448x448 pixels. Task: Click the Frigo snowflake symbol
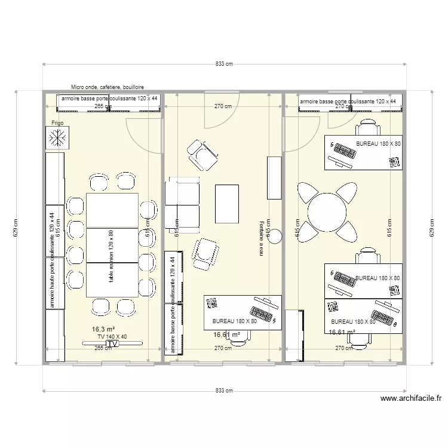pos(57,139)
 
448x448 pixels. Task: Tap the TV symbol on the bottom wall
pos(113,344)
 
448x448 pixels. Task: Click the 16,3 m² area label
pos(103,329)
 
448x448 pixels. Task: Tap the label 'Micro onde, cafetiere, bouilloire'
pos(107,87)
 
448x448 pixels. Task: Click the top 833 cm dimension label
pos(224,64)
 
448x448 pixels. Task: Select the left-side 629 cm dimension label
pos(16,228)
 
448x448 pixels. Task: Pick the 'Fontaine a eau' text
pos(262,237)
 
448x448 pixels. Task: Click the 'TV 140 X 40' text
pos(112,337)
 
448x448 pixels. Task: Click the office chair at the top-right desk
pos(367,127)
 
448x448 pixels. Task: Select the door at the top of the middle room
pos(222,111)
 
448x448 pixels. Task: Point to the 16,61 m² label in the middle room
pos(227,335)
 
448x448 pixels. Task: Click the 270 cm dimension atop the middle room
pos(223,106)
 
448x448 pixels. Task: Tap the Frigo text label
pos(57,123)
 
